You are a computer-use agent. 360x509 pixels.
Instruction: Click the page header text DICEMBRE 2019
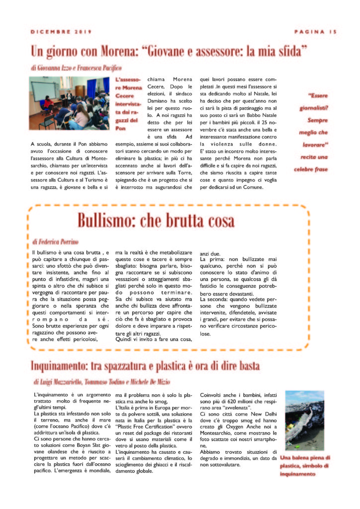pyautogui.click(x=61, y=32)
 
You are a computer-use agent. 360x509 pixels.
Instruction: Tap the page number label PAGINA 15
pyautogui.click(x=315, y=32)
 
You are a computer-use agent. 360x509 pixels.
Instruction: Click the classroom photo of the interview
pyautogui.click(x=70, y=103)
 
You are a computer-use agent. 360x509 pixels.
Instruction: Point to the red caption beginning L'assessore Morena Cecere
pyautogui.click(x=128, y=103)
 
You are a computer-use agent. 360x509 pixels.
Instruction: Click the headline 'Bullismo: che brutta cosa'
pyautogui.click(x=156, y=220)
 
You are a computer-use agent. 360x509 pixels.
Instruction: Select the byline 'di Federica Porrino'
pyautogui.click(x=55, y=242)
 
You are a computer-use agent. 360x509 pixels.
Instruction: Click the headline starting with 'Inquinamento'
pyautogui.click(x=145, y=366)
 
